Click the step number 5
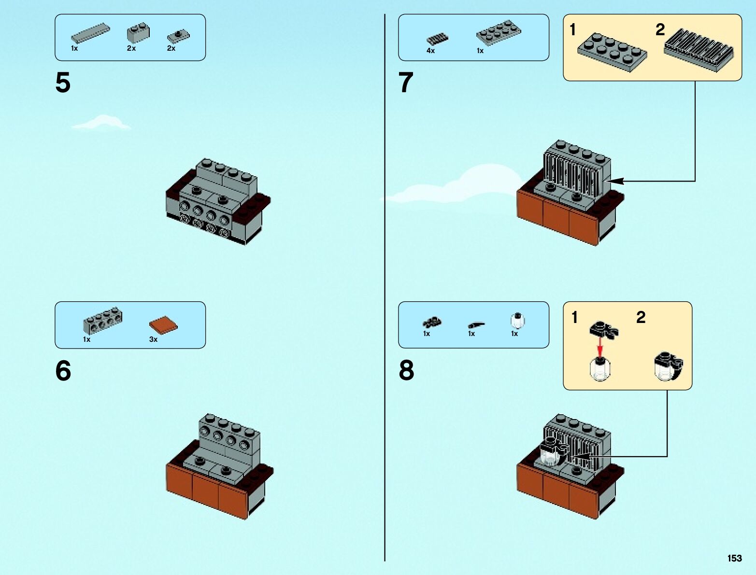pos(63,83)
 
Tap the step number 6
pos(63,371)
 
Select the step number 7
pos(406,83)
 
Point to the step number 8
pos(406,371)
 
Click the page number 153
pos(734,558)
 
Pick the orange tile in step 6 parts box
pos(163,325)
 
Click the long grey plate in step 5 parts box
pos(90,33)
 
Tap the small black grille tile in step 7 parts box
pos(437,39)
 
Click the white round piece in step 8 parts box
pos(517,320)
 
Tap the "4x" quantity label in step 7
pos(430,51)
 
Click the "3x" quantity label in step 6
pos(153,339)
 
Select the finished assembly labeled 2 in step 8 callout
pos(668,366)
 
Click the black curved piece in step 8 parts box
pos(476,324)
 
